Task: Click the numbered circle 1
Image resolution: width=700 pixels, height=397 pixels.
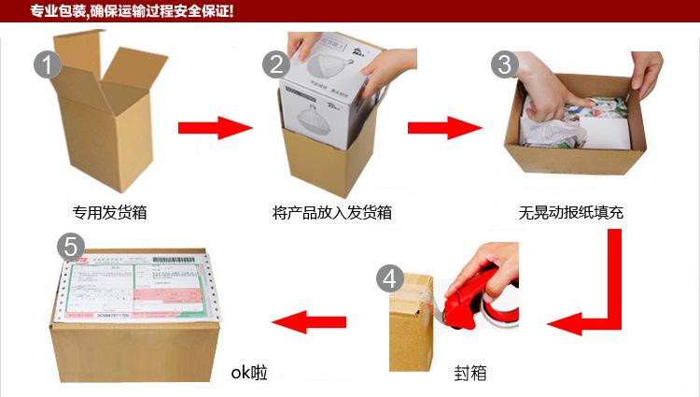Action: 48,64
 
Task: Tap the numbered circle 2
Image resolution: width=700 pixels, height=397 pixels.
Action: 276,64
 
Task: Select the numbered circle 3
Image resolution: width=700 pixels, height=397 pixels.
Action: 505,64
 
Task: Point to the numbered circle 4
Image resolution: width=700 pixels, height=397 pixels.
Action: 390,278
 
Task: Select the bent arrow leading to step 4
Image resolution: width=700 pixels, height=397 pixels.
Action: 597,299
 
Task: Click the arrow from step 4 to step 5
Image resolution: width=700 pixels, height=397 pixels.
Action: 308,323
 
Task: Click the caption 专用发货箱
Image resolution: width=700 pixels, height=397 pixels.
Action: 110,212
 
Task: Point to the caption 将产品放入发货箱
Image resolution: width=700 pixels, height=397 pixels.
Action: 332,212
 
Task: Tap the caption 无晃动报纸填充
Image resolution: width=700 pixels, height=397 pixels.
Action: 571,212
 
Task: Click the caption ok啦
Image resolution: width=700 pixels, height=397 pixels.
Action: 249,374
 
